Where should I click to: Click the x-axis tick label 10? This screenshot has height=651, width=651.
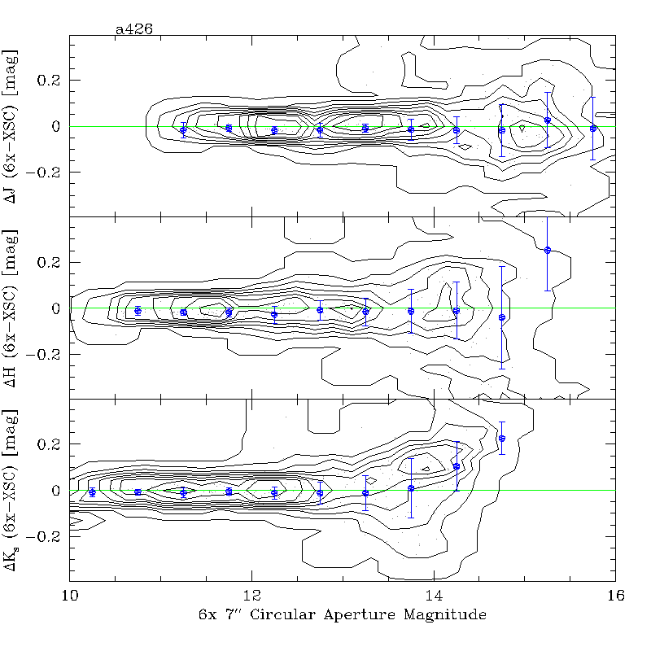click(x=69, y=596)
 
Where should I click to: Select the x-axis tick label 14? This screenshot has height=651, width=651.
click(x=434, y=596)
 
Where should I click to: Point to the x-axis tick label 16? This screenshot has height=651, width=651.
click(x=615, y=596)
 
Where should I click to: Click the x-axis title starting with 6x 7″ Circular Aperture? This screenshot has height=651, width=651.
click(x=343, y=615)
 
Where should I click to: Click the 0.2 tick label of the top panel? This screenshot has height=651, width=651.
click(x=47, y=81)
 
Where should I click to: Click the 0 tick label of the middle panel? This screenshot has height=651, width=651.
click(x=56, y=308)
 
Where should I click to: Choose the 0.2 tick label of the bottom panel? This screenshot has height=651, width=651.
click(x=47, y=444)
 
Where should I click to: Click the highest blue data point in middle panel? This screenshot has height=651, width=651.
click(x=548, y=250)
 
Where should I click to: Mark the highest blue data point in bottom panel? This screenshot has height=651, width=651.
click(x=502, y=439)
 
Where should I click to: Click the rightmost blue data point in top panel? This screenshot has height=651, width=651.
click(x=593, y=128)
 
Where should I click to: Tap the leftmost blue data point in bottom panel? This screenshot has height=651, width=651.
click(x=92, y=492)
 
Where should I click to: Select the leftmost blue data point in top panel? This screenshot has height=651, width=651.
click(x=183, y=129)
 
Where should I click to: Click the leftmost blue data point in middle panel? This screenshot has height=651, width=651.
click(x=138, y=311)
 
